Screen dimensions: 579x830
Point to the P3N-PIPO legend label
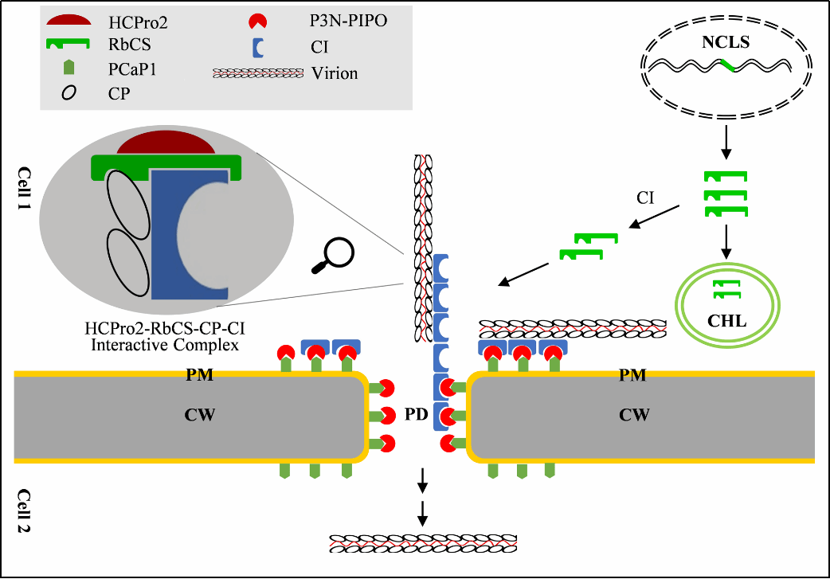pyautogui.click(x=348, y=22)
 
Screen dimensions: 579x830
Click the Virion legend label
pyautogui.click(x=335, y=73)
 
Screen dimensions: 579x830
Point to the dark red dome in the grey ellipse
pyautogui.click(x=165, y=144)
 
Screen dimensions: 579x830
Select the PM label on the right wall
pyautogui.click(x=632, y=375)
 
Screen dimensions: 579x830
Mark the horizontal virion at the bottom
pyautogui.click(x=423, y=544)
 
